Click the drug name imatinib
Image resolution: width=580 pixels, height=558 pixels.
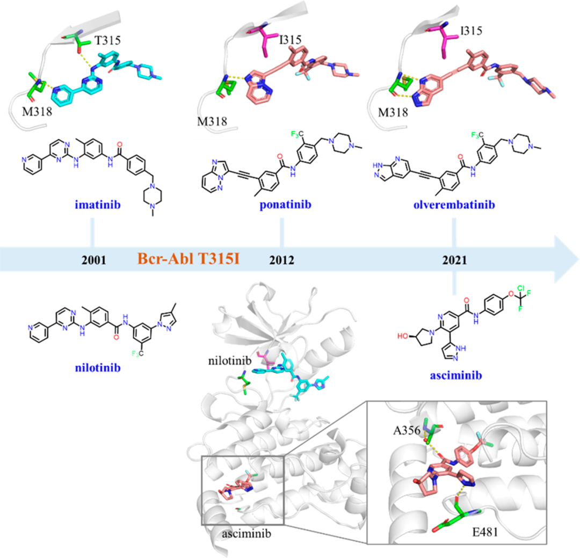pyautogui.click(x=98, y=205)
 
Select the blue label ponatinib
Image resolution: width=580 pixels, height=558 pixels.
pyautogui.click(x=285, y=205)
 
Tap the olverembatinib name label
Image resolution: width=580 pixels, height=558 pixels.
pyautogui.click(x=454, y=205)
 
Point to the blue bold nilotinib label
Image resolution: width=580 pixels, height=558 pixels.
pyautogui.click(x=98, y=368)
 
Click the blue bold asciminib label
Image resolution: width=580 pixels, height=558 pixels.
pyautogui.click(x=456, y=375)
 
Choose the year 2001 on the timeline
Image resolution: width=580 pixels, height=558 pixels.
pyautogui.click(x=93, y=260)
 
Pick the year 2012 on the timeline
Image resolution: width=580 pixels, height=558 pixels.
pyautogui.click(x=281, y=260)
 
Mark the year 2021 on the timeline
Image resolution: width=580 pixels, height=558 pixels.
pyautogui.click(x=455, y=260)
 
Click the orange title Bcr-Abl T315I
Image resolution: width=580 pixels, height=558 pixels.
pyautogui.click(x=189, y=259)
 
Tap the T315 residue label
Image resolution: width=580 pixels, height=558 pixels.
pyautogui.click(x=107, y=40)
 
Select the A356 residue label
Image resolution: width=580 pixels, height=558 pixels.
pyautogui.click(x=407, y=430)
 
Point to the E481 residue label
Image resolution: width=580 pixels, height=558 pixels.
pyautogui.click(x=485, y=532)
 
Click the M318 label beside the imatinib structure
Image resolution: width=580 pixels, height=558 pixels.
pyautogui.click(x=37, y=111)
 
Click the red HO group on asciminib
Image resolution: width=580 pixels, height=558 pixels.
pyautogui.click(x=403, y=336)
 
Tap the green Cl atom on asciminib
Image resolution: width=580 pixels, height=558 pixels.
pyautogui.click(x=521, y=288)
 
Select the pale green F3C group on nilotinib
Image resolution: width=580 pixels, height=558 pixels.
pyautogui.click(x=137, y=354)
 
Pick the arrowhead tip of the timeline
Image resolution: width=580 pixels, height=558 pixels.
pyautogui.click(x=579, y=259)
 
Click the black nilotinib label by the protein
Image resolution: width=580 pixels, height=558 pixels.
pyautogui.click(x=230, y=360)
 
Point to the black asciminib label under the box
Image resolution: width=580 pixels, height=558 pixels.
pyautogui.click(x=247, y=534)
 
